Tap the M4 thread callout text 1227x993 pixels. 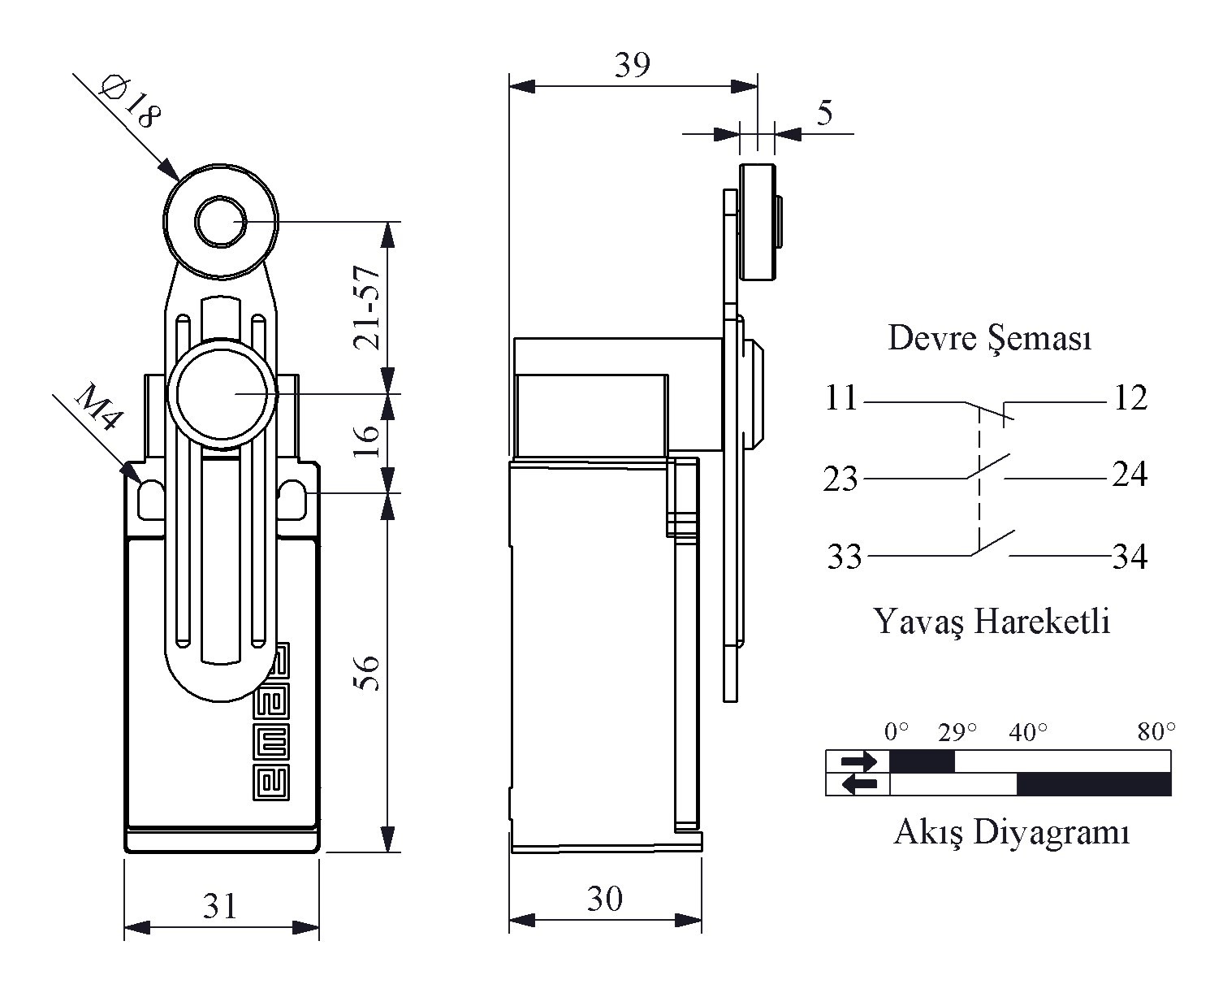99,407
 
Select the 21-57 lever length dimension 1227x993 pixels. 366,307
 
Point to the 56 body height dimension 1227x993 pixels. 366,673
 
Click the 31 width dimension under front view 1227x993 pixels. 220,906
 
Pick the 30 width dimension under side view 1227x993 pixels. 605,899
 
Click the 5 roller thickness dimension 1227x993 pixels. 824,113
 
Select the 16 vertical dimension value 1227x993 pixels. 366,441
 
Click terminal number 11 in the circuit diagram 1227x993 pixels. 841,397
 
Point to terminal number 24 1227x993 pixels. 1130,475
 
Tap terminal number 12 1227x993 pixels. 1131,397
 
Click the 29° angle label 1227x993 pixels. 957,732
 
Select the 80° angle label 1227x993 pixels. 1156,731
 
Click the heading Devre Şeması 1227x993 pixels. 990,338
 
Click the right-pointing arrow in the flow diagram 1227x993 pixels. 859,761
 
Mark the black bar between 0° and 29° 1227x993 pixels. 922,761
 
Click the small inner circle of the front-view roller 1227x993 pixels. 221,222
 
